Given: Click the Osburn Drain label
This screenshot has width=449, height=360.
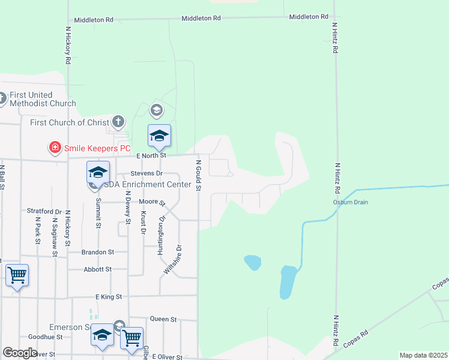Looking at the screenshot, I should pos(351,202).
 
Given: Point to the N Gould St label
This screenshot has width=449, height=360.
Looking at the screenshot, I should pos(197,173).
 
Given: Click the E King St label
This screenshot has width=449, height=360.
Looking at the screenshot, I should pos(109,297).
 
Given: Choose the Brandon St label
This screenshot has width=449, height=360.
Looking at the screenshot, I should pos(98,253).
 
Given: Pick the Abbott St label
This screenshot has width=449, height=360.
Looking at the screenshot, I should pos(98,270).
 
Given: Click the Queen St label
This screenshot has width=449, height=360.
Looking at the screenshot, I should pos(163,319).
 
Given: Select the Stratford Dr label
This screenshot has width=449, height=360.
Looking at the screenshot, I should pos(44,211).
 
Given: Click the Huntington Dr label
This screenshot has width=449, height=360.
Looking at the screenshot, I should pos(160,236).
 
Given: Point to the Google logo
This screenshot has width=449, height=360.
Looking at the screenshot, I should pos(20,353).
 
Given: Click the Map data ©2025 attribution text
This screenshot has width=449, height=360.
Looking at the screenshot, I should pos(423,356).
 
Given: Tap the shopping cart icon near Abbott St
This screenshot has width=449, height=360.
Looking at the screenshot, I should pos(17,276).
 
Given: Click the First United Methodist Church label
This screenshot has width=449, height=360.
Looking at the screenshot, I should pos(42,99).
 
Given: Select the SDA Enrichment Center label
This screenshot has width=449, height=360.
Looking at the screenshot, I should pos(147,184).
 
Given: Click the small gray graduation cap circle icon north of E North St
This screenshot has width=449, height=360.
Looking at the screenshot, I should pos(157,110).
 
